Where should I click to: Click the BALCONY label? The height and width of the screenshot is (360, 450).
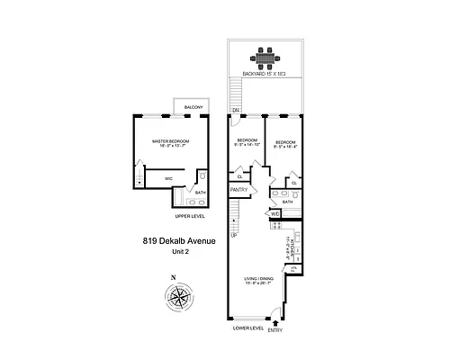click(x=192, y=108)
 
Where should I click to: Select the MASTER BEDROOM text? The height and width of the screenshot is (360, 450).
click(x=168, y=141)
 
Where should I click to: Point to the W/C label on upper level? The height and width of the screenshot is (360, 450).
click(x=167, y=178)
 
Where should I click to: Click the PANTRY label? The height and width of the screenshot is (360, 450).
click(x=238, y=190)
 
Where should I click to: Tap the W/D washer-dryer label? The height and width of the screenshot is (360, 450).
click(x=276, y=213)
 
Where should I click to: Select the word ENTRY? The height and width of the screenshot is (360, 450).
click(x=274, y=329)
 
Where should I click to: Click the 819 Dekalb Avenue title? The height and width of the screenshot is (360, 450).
click(x=175, y=240)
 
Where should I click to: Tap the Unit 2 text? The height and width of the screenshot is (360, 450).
click(x=175, y=252)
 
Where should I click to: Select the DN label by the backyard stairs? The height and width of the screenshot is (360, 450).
click(x=235, y=110)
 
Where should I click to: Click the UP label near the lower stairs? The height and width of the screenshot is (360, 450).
click(x=233, y=235)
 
